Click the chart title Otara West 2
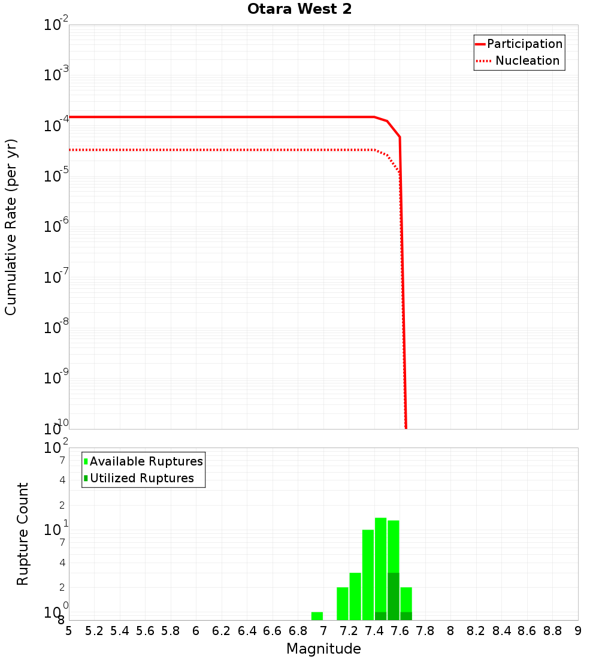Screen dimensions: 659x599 tap(299, 10)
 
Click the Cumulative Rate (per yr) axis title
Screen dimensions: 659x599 tap(11, 226)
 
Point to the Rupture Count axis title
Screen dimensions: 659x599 tap(23, 533)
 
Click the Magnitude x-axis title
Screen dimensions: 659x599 tap(323, 649)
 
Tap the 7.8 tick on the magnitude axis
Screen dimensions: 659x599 tap(425, 631)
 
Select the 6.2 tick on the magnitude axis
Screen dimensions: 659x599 tap(222, 631)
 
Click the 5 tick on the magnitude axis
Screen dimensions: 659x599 tap(69, 631)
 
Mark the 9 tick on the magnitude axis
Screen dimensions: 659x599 tap(578, 631)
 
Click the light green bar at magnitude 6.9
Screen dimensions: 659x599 tap(317, 616)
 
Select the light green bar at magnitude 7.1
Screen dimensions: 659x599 tap(343, 603)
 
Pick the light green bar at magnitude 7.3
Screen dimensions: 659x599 tap(368, 575)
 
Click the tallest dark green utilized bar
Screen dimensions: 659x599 tap(394, 596)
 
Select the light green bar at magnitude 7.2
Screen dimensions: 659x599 tap(355, 596)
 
